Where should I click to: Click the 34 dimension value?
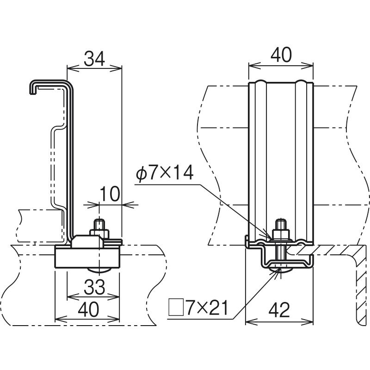click(94, 59)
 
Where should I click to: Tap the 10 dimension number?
click(110, 194)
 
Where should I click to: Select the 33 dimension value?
click(94, 287)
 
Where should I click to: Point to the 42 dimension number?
click(279, 310)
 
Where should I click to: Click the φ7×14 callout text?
click(165, 173)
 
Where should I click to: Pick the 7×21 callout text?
click(207, 308)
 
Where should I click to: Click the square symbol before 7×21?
click(176, 307)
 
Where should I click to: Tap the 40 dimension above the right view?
click(281, 55)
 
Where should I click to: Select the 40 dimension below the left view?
click(88, 309)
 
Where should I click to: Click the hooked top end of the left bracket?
click(33, 87)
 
